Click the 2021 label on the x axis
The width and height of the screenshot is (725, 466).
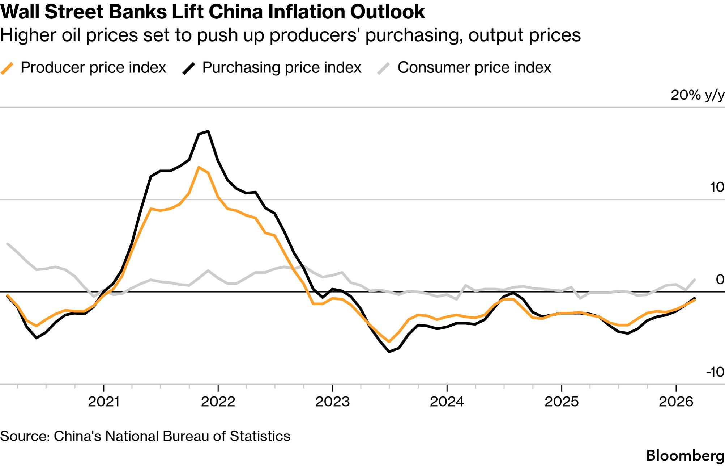pyautogui.click(x=103, y=402)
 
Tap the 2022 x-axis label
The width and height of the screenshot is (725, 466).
pyautogui.click(x=218, y=402)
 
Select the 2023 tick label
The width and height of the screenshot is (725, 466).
pyautogui.click(x=332, y=402)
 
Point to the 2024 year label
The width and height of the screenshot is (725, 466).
pyautogui.click(x=447, y=402)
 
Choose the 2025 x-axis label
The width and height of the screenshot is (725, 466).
pyautogui.click(x=562, y=402)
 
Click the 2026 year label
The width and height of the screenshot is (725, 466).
pyautogui.click(x=676, y=402)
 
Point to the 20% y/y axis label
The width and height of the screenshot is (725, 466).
pyautogui.click(x=697, y=95)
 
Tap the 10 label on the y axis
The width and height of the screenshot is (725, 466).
pyautogui.click(x=717, y=187)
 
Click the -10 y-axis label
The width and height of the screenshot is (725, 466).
pyautogui.click(x=715, y=372)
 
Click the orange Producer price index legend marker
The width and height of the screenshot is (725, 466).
pyautogui.click(x=7, y=68)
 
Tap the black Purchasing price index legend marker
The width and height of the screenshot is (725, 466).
pyautogui.click(x=189, y=68)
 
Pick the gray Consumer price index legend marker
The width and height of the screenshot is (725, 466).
pyautogui.click(x=384, y=68)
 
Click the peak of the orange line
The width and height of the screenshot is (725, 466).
pyautogui.click(x=199, y=167)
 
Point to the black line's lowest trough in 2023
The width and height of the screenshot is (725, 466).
pyautogui.click(x=389, y=352)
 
